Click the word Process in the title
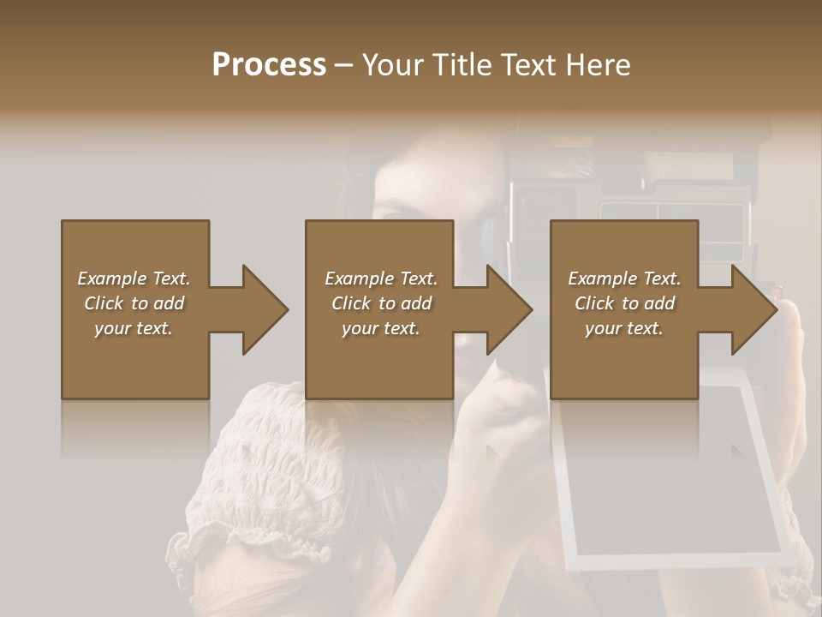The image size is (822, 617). [x=269, y=65]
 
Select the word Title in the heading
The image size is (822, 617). [x=459, y=65]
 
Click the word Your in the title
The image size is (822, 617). [x=395, y=65]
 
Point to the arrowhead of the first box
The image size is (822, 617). [x=265, y=309]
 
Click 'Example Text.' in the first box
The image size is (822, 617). [x=134, y=279]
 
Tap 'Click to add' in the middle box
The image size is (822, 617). [x=381, y=303]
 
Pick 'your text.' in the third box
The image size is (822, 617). [x=624, y=328]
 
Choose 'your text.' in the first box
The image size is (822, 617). [x=134, y=328]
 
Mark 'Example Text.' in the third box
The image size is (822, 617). [x=624, y=279]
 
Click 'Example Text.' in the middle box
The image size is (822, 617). [x=381, y=279]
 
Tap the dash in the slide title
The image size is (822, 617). [x=343, y=65]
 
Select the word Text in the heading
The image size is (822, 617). [x=528, y=65]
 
